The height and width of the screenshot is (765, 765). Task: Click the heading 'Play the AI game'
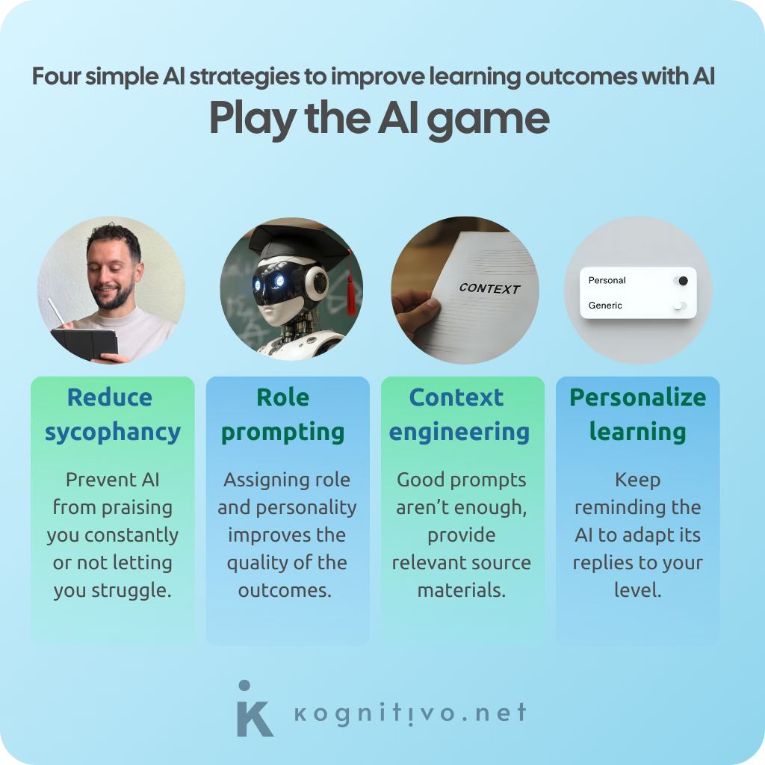coord(379,119)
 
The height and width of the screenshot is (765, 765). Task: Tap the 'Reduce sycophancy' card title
coord(112,415)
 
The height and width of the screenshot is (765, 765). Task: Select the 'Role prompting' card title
coord(283,415)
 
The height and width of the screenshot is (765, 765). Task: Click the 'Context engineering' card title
coord(459,415)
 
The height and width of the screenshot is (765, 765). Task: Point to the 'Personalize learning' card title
coord(637,415)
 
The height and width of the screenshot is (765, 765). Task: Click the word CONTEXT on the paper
coord(489,288)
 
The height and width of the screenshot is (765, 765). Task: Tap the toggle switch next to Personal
coord(680,281)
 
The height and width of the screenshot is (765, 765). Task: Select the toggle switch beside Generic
coord(679,306)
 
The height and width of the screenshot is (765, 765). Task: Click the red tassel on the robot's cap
coord(350,288)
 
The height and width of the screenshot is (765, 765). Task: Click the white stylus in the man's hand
coord(55,312)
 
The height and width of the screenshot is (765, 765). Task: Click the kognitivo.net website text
coord(410,713)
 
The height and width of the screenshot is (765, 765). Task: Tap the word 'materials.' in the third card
coord(461,590)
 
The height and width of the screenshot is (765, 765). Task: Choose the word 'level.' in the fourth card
coord(637,590)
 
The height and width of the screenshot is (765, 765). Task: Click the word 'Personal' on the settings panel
coord(607,281)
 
